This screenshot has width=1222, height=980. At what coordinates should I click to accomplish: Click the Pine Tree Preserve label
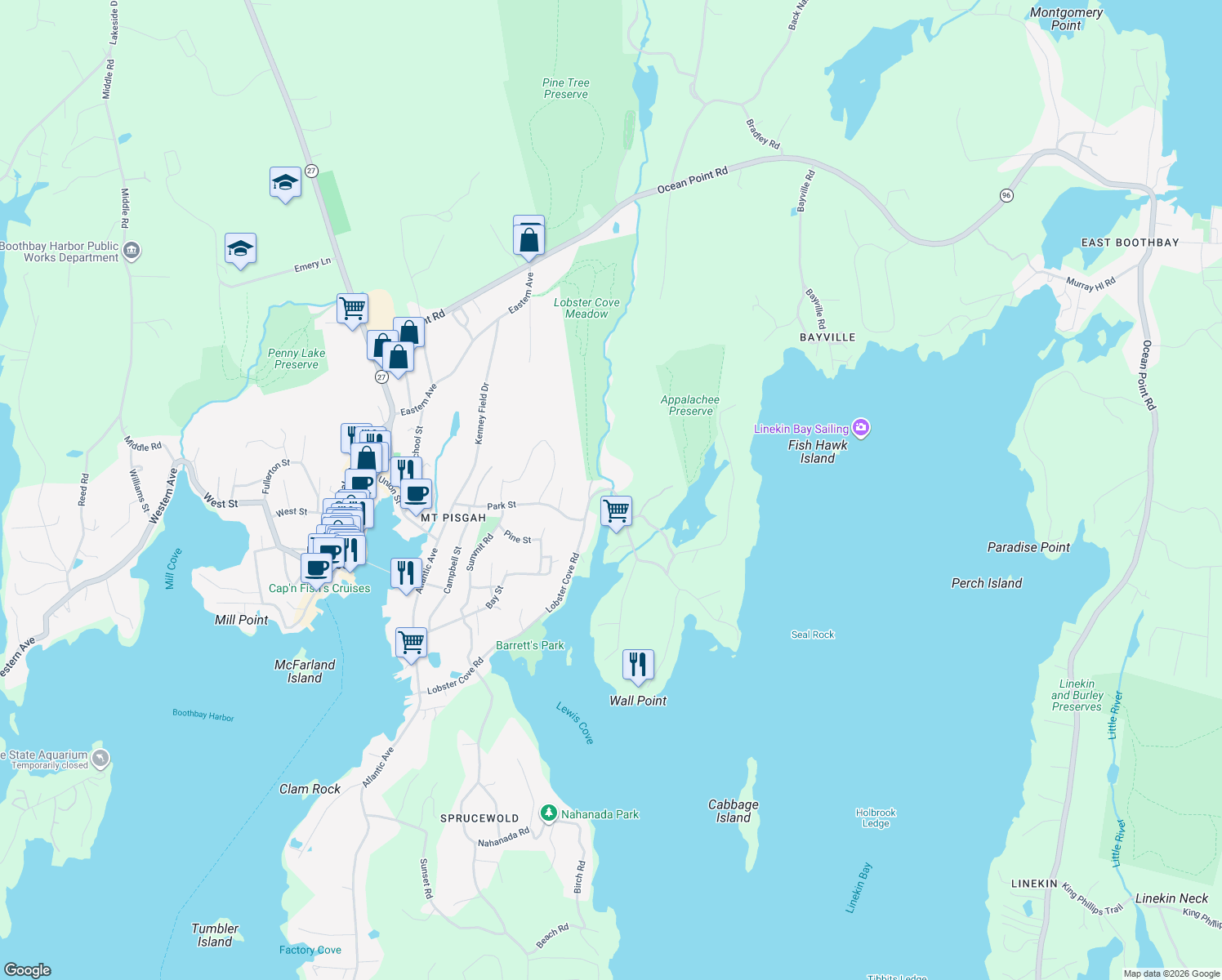point(565,88)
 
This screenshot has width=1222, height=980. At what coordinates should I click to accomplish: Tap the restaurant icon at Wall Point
point(638,665)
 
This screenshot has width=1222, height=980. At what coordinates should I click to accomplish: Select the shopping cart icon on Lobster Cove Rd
point(616,512)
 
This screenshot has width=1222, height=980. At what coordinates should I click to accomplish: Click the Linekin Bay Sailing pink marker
point(860,427)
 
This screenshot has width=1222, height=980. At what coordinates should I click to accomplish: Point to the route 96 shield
point(1006,195)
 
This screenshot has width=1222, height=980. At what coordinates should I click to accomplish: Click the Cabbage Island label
point(733,811)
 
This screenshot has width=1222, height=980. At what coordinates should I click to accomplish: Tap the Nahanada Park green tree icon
point(549,813)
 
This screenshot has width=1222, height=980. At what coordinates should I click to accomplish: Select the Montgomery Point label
point(1065,19)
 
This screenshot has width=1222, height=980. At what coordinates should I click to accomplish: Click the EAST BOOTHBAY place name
point(1130,243)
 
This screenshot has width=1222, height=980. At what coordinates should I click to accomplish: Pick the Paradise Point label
point(1028,547)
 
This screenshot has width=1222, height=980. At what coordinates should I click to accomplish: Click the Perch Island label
point(986,583)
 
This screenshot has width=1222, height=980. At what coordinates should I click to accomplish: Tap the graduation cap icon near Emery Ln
point(240,249)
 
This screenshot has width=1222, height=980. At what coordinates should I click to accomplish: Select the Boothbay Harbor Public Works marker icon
point(132,251)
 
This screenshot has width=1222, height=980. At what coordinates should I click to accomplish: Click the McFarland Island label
point(304,671)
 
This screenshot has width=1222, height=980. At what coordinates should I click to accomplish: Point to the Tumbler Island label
point(215,934)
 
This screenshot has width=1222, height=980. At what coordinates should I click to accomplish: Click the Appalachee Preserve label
point(690,405)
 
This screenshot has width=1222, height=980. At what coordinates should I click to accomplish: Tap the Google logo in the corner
point(28,969)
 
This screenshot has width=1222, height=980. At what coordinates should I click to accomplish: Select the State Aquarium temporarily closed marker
point(100,759)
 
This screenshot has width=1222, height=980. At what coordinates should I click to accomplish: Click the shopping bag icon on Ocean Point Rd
point(528,238)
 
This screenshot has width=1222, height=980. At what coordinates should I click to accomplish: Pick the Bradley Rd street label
point(763,134)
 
